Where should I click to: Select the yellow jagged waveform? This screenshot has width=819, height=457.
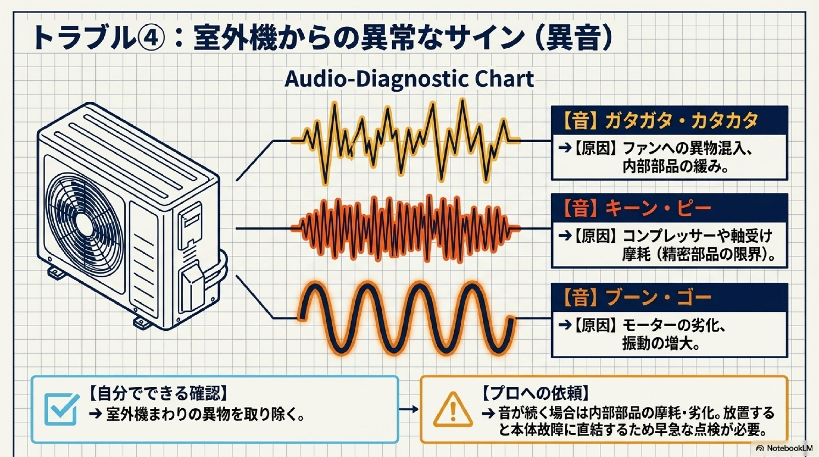tap(405, 141)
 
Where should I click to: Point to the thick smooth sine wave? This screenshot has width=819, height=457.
tap(405, 318)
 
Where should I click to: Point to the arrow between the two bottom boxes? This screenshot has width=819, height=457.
tap(409, 409)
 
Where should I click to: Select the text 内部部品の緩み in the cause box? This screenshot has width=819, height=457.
tap(675, 167)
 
